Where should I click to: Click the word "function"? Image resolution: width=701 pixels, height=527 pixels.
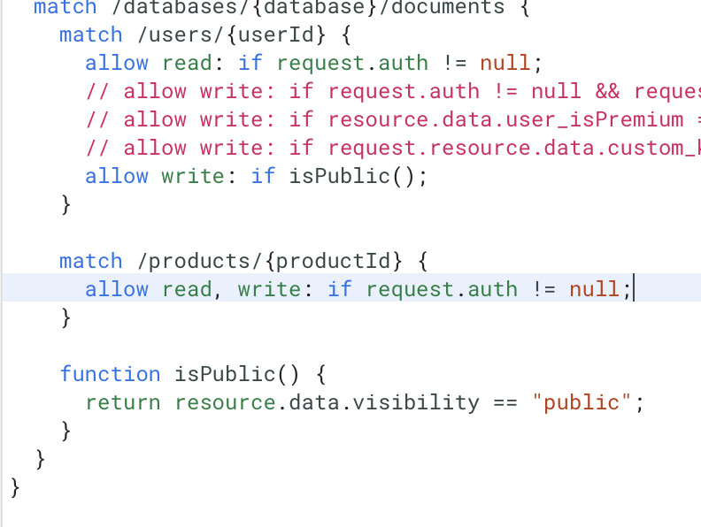click(x=110, y=374)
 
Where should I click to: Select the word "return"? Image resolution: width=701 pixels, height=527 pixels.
click(x=123, y=402)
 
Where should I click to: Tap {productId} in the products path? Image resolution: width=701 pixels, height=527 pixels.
click(x=334, y=261)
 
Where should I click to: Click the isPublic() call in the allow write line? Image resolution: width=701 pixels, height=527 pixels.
click(x=351, y=176)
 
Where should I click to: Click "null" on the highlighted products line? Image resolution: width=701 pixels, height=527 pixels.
click(x=595, y=289)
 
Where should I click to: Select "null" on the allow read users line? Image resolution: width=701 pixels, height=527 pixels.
click(x=505, y=63)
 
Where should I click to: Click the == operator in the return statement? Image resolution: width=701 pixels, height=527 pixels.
click(x=505, y=402)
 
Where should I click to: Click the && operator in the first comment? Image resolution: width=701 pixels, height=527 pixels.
click(x=608, y=91)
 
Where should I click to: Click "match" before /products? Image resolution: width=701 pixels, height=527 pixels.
click(x=90, y=261)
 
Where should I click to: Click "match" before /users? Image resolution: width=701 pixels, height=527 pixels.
click(x=90, y=34)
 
